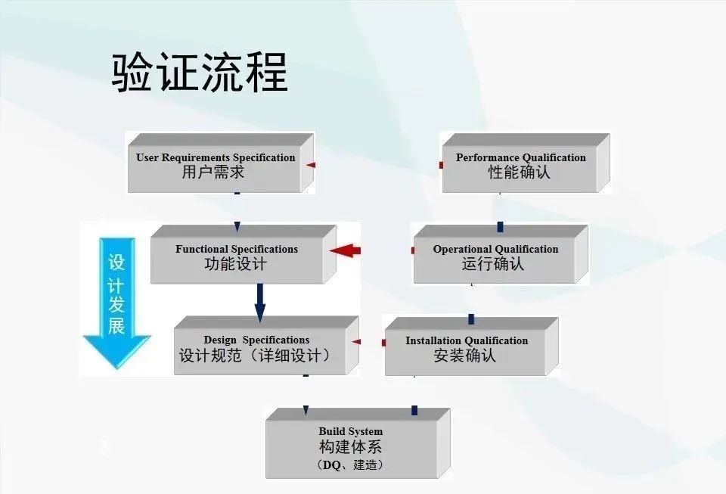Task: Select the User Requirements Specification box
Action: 215,165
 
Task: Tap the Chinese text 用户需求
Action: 213,172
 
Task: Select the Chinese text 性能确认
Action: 520,172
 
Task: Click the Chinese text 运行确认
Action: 493,265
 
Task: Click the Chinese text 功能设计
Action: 236,265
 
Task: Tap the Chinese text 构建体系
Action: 350,447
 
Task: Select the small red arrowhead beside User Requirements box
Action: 311,164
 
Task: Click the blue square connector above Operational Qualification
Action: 500,227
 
